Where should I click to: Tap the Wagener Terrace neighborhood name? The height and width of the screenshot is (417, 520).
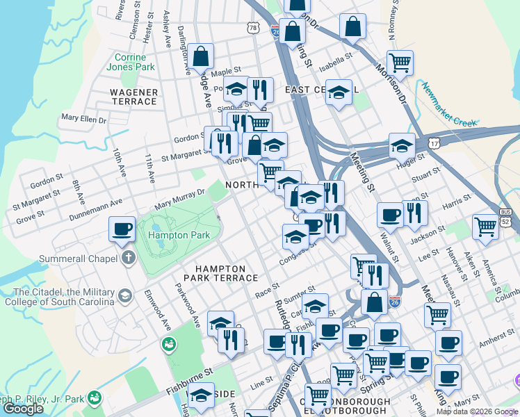click(133, 97)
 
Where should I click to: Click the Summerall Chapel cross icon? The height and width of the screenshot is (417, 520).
click(127, 258)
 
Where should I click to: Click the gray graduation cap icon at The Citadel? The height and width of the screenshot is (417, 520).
click(124, 295)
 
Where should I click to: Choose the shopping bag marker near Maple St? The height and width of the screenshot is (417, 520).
click(200, 57)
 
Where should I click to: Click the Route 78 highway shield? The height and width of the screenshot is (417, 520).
click(253, 27)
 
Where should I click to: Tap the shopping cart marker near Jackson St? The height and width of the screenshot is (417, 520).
click(485, 225)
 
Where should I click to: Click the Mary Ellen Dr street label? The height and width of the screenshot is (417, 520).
click(83, 120)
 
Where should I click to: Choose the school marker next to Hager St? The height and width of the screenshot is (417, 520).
click(402, 146)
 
